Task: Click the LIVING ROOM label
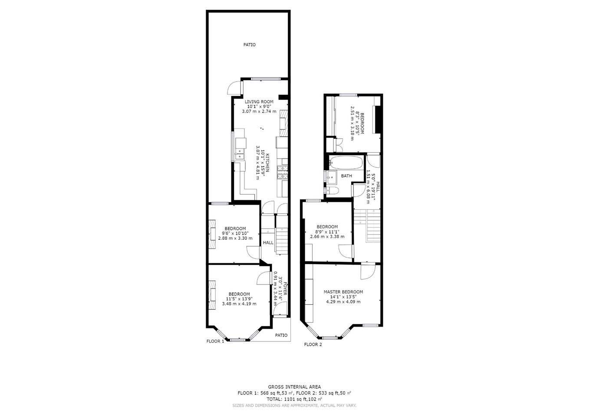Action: click(259, 102)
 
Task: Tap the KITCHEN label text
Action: click(267, 162)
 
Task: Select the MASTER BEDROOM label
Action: click(343, 292)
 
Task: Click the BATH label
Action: click(346, 176)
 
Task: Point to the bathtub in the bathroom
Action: click(346, 162)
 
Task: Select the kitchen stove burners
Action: click(283, 172)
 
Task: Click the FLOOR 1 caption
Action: click(215, 341)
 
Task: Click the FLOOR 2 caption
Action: click(313, 344)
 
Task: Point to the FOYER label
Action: click(285, 289)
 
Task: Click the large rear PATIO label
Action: click(249, 45)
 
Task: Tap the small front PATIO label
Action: click(281, 335)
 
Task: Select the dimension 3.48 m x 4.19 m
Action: click(239, 304)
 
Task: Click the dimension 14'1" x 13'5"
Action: click(343, 297)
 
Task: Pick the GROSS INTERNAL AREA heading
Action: click(294, 387)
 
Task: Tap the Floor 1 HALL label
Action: click(268, 242)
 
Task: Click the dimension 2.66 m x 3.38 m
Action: click(327, 237)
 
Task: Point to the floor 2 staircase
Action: click(367, 225)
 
